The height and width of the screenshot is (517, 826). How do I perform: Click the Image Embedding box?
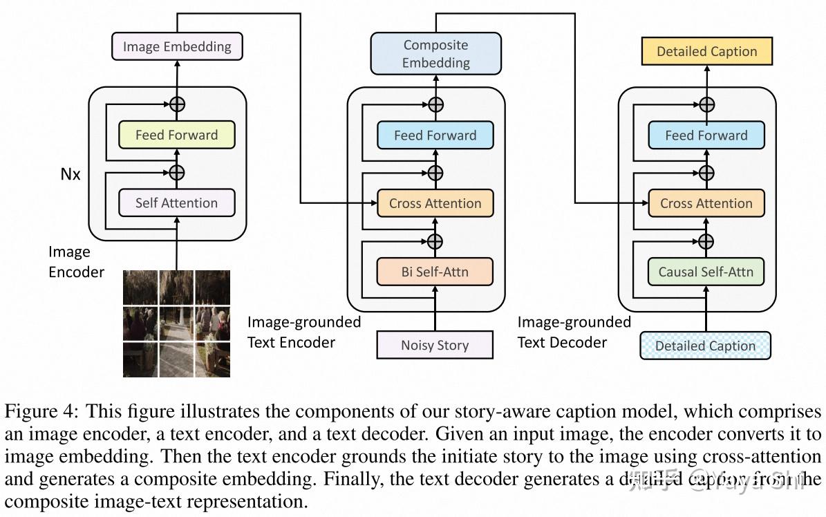pyautogui.click(x=177, y=47)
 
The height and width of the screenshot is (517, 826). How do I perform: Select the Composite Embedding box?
pyautogui.click(x=435, y=54)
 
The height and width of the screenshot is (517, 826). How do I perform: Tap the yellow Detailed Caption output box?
pyautogui.click(x=706, y=52)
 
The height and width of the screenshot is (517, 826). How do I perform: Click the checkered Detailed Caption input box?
pyautogui.click(x=705, y=346)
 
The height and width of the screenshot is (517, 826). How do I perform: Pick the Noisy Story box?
pyautogui.click(x=435, y=345)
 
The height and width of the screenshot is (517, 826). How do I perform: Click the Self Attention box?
pyautogui.click(x=176, y=203)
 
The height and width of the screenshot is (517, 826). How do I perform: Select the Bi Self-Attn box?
pyautogui.click(x=435, y=272)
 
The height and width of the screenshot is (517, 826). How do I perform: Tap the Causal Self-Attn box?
pyautogui.click(x=706, y=272)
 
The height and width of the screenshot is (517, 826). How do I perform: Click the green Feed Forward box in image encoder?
pyautogui.click(x=176, y=135)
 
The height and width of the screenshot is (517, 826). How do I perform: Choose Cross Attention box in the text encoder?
pyautogui.click(x=435, y=203)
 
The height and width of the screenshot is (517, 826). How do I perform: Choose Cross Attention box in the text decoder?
pyautogui.click(x=706, y=203)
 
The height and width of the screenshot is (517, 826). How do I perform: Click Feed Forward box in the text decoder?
pyautogui.click(x=706, y=135)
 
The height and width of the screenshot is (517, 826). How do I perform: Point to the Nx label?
pyautogui.click(x=71, y=174)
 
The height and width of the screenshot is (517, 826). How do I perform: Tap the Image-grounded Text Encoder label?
pyautogui.click(x=304, y=332)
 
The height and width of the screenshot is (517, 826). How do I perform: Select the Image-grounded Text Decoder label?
pyautogui.click(x=574, y=332)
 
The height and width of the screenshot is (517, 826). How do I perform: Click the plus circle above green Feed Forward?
pyautogui.click(x=178, y=104)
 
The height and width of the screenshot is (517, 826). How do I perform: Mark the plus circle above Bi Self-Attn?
pyautogui.click(x=435, y=241)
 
